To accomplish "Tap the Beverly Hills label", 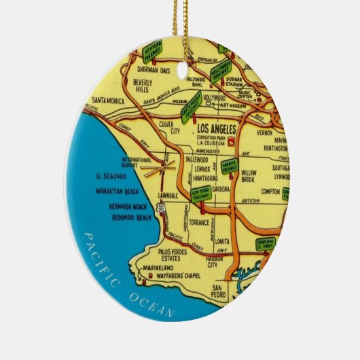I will (143, 86).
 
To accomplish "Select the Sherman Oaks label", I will (153, 69).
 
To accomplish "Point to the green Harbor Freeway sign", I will (229, 165).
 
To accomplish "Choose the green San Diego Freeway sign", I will (201, 194).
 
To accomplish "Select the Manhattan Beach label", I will (120, 192).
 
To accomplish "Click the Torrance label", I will (199, 223).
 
